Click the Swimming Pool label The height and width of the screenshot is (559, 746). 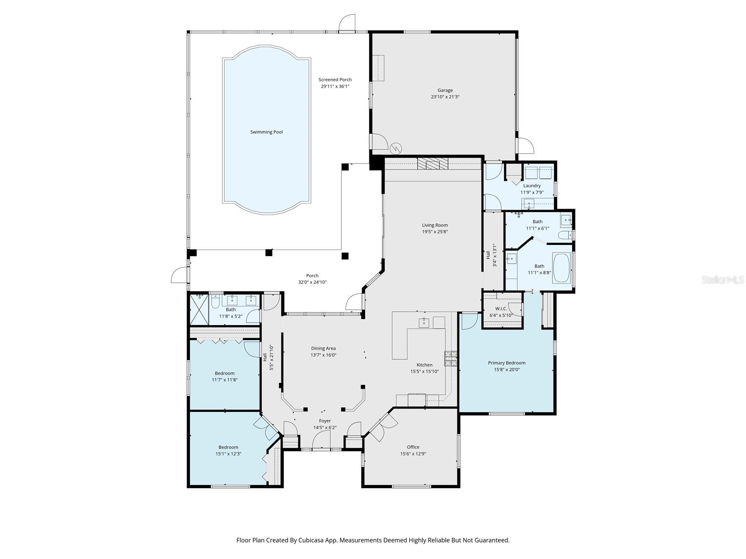(x=266, y=132)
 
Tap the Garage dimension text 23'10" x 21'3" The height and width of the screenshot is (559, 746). (x=445, y=97)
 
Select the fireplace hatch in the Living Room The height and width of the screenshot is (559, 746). (x=432, y=164)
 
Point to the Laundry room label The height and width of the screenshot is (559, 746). (x=532, y=185)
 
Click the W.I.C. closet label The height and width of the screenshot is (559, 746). (x=501, y=308)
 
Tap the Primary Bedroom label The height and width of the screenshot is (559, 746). (x=506, y=363)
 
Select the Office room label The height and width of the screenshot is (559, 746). (x=413, y=447)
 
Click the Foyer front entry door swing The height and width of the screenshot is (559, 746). (x=321, y=439)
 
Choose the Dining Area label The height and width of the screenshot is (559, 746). (x=323, y=348)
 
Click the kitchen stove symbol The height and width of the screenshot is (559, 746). (x=450, y=358)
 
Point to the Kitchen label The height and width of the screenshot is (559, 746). (x=424, y=365)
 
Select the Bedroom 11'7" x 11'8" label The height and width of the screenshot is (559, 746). (x=224, y=373)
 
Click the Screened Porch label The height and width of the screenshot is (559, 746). (x=335, y=80)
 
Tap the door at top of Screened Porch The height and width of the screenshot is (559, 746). (x=347, y=23)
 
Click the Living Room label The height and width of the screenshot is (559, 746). (x=435, y=225)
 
